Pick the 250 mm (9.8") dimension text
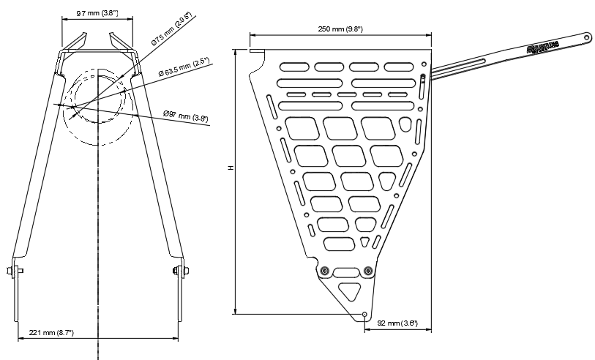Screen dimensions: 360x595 pyautogui.click(x=340, y=28)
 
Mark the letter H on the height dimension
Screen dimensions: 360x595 pyautogui.click(x=230, y=168)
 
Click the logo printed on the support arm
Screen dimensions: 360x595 pyautogui.click(x=543, y=48)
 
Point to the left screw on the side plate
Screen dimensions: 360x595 pyautogui.click(x=324, y=271)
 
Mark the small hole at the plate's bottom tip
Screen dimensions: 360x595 pyautogui.click(x=364, y=314)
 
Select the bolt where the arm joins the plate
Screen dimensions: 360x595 pyautogui.click(x=424, y=76)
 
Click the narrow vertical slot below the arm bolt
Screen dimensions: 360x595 pyautogui.click(x=424, y=91)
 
